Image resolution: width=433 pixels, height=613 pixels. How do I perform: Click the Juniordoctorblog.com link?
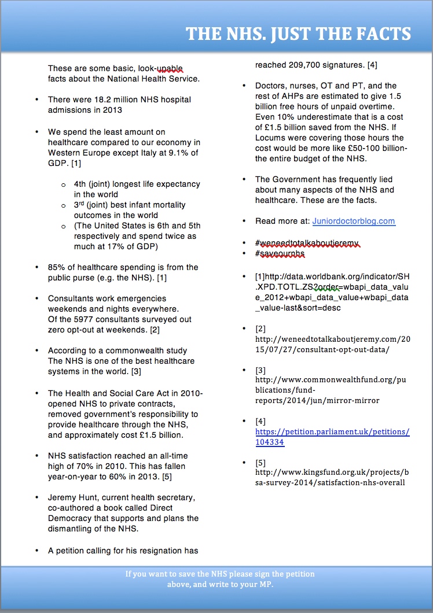[354, 221]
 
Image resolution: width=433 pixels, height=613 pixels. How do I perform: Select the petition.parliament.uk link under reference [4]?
[332, 437]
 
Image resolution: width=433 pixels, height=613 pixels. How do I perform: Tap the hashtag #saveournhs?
[280, 253]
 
